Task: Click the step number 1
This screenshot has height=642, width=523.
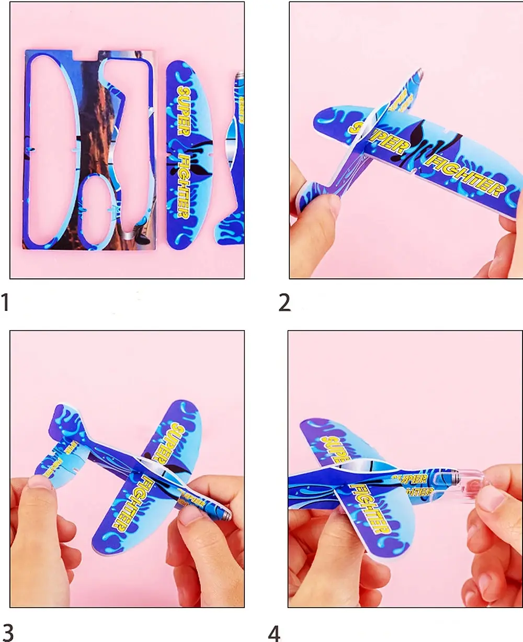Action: tap(5, 302)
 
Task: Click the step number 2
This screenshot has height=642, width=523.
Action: tap(285, 303)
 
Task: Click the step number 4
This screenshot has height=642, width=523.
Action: tap(274, 632)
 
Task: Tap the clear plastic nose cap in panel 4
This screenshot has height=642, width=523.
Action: tap(468, 484)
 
